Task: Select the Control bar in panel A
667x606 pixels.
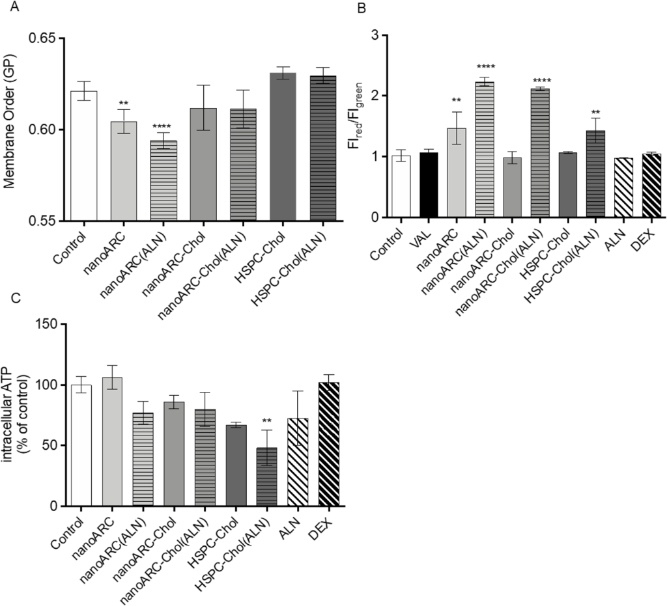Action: (84, 156)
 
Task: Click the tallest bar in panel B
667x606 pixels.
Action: (486, 150)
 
